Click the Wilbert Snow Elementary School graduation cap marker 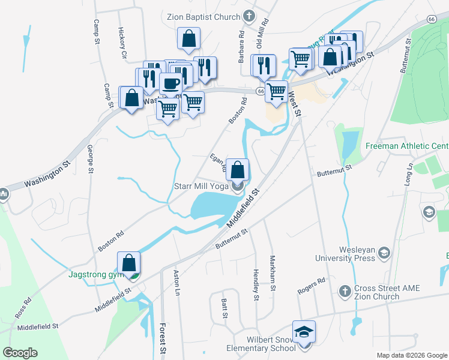(304, 332)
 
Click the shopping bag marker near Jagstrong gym (129, 262)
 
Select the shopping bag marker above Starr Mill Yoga (238, 169)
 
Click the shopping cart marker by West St (276, 92)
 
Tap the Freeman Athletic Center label (406, 146)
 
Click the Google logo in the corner (20, 353)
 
